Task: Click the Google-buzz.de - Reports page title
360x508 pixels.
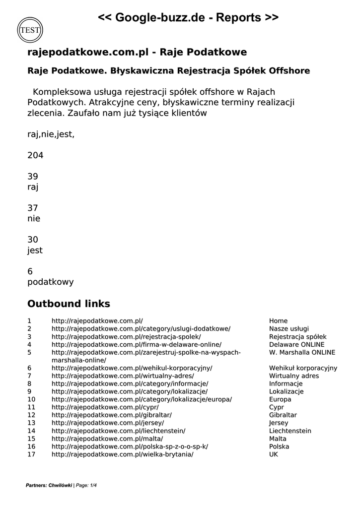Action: point(188,18)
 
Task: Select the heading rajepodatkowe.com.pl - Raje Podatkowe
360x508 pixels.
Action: point(137,52)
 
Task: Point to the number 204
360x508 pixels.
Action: point(35,155)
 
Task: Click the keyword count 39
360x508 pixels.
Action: point(33,177)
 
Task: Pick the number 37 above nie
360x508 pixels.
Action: point(33,208)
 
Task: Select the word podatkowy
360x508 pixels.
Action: point(50,282)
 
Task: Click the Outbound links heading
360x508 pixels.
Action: point(69,304)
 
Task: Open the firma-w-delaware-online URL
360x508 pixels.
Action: point(137,345)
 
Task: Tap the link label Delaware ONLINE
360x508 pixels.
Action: point(296,345)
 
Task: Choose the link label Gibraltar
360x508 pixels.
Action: point(283,415)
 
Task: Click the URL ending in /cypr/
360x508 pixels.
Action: point(105,407)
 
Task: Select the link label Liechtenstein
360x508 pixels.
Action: point(290,431)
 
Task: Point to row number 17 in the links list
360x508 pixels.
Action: point(31,454)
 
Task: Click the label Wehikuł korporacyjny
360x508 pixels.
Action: point(303,368)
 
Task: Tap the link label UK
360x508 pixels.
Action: point(274,454)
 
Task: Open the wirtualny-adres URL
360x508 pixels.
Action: point(123,376)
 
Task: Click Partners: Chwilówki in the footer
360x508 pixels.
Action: point(49,485)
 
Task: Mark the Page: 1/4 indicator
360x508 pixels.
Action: point(86,485)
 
